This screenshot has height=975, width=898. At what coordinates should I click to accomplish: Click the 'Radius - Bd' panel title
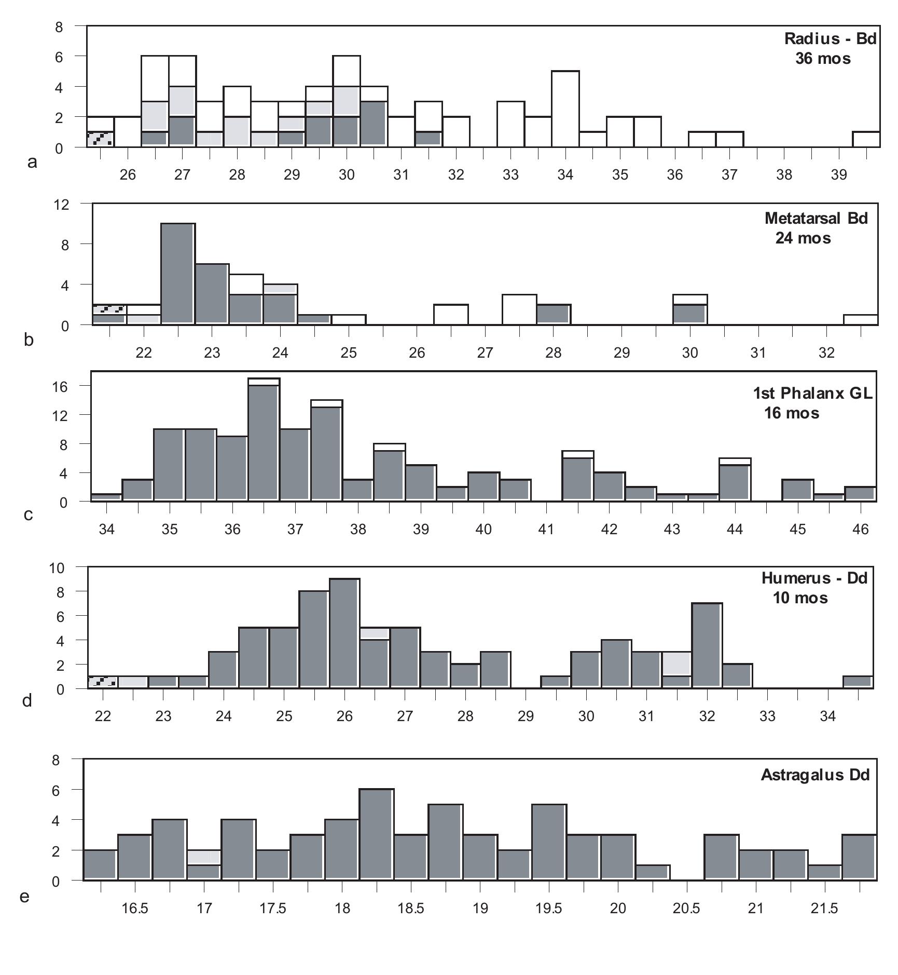[x=830, y=39]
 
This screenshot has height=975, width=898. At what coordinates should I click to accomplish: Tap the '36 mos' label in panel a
[x=823, y=58]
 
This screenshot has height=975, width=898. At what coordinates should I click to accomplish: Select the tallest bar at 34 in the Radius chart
[x=565, y=109]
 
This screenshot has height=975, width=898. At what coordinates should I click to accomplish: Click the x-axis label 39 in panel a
[x=838, y=175]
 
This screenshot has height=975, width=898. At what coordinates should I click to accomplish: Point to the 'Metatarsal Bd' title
[x=816, y=219]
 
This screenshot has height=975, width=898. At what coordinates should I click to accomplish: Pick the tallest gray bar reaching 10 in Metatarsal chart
[x=178, y=274]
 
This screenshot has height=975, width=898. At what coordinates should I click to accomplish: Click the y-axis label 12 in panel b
[x=61, y=205]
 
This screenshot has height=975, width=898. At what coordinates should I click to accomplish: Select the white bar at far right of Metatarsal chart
[x=860, y=320]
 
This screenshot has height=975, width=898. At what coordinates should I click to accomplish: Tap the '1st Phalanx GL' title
[x=812, y=394]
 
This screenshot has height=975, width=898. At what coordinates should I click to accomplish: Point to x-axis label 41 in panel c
[x=546, y=530]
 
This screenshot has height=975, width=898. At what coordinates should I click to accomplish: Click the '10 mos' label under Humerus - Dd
[x=800, y=598]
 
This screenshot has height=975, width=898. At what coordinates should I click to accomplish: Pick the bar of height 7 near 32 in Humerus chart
[x=707, y=646]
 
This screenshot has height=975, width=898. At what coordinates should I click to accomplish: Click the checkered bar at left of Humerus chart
[x=103, y=682]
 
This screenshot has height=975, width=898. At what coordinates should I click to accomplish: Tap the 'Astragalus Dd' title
[x=814, y=775]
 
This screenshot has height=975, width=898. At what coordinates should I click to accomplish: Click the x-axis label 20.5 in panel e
[x=686, y=909]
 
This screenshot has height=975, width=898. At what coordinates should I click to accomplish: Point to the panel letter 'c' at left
[x=29, y=514]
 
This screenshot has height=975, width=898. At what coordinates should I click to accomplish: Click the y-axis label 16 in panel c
[x=61, y=387]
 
